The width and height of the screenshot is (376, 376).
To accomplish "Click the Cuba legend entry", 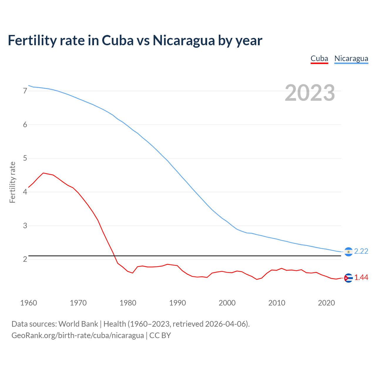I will pos(319,58).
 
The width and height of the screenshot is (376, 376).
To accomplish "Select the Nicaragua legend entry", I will pos(351,58).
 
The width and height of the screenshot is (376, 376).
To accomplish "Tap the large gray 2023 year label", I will pos(310,93).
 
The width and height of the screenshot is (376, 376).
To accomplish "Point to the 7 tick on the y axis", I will pos(25,91).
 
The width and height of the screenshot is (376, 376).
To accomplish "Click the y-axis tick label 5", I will pos(25,158).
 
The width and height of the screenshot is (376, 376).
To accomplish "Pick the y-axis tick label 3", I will pos(25,226).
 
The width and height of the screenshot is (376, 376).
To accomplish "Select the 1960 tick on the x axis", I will pos(28,303).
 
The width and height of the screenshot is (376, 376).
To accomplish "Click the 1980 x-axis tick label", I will pos(128,303).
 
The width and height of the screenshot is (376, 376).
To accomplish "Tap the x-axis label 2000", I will pos(227,303).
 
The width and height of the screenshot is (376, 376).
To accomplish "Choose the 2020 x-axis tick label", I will pos(326,303).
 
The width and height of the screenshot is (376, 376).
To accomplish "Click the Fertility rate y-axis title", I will pos(12,182).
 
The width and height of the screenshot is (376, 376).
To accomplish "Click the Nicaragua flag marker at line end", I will pos(348,252).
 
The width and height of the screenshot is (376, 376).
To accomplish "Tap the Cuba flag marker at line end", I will pos(348,278).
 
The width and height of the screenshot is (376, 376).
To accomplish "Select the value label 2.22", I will pos(361,251).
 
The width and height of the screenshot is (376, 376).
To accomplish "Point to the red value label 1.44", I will pos(361,278).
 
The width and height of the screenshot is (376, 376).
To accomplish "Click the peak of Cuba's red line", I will pos(43,173).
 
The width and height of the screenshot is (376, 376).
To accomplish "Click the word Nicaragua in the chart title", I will pos(184,40).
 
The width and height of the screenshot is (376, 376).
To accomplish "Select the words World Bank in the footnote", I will pos(78,324).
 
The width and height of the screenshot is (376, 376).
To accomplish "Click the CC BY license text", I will pos(160,335).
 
